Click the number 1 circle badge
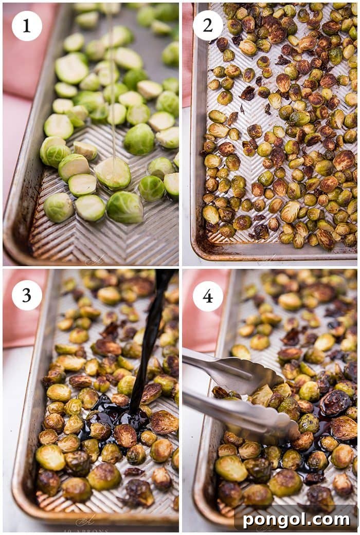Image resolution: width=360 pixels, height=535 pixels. pos(27,26)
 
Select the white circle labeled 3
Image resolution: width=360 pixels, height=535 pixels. pos(27,295)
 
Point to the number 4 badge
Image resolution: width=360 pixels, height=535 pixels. pos(208,296)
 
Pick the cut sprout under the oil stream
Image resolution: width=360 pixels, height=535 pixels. pos(113,173)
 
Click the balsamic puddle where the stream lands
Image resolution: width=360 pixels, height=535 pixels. pos(123,419)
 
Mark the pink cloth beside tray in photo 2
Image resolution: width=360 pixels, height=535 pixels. pos(187,51)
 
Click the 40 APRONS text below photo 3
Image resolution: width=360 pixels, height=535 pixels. pos(85,530)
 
